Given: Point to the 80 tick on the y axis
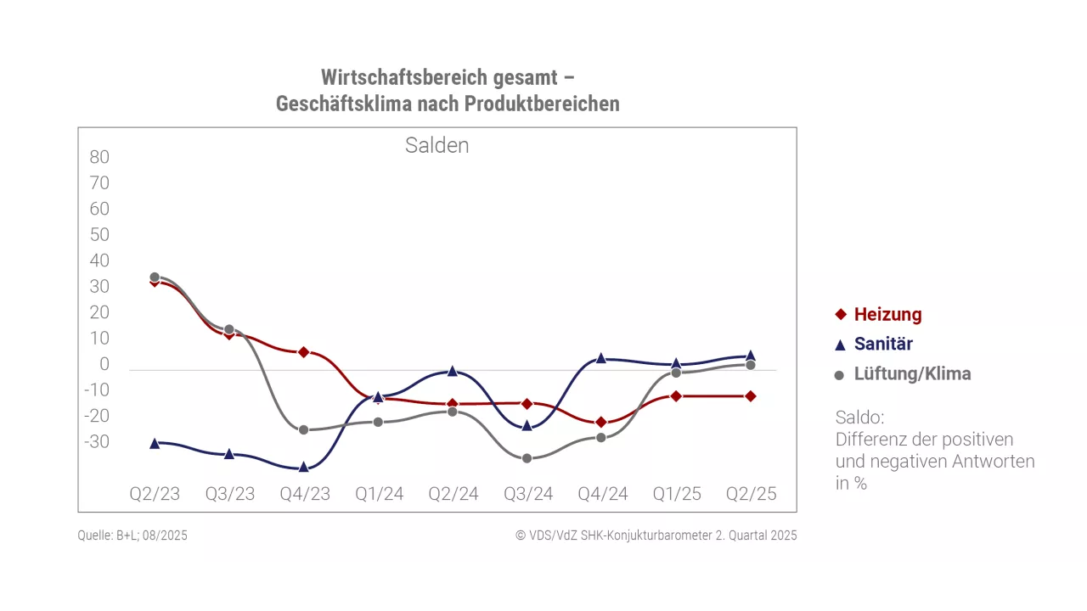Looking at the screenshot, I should tap(99, 157).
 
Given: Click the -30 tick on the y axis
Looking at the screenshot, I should tap(97, 441).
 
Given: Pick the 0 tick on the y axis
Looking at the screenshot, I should tap(104, 364).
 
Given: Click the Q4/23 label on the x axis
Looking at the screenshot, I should tap(305, 494).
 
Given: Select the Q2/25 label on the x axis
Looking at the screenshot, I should tap(752, 494).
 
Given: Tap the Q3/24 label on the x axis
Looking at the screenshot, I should tap(528, 494).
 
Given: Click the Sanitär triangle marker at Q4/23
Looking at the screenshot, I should tap(304, 467).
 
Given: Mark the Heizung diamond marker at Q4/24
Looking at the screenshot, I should tap(601, 422).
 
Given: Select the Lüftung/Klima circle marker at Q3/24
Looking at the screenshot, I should tap(527, 458).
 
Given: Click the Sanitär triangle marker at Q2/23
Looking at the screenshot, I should tap(155, 443).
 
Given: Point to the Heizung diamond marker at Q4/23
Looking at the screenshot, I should tap(304, 351).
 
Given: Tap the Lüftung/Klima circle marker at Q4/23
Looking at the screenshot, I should tap(304, 429).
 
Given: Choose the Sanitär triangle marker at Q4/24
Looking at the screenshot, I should tap(601, 358).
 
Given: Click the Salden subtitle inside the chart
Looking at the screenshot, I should tap(436, 145).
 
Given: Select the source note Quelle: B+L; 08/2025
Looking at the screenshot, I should tap(132, 535).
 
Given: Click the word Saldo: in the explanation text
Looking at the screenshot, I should tap(859, 418).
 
